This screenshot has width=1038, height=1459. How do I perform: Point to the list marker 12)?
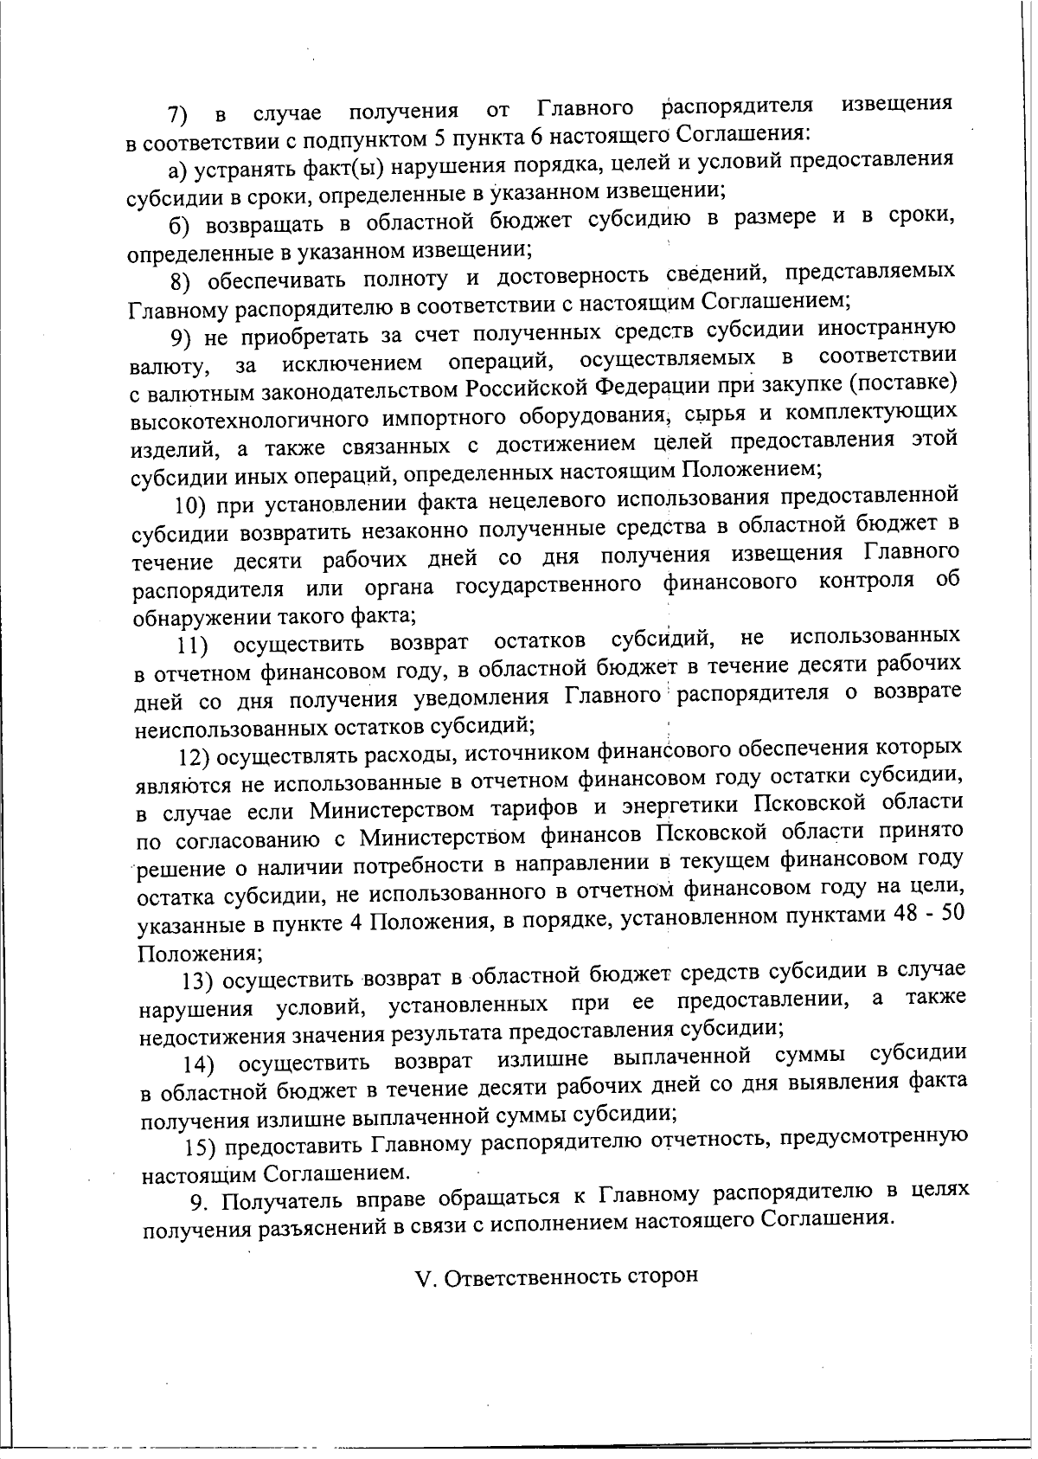[194, 758]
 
